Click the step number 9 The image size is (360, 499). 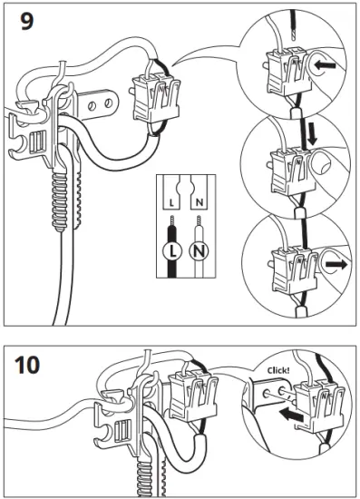pyautogui.click(x=28, y=22)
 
